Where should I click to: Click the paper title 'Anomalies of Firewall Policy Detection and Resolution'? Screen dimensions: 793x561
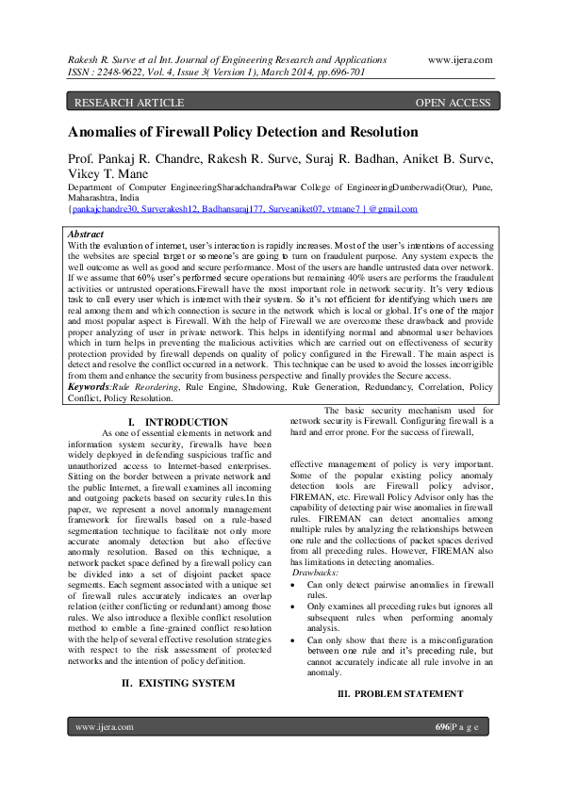(x=242, y=132)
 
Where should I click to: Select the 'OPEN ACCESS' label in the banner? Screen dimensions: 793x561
(x=454, y=102)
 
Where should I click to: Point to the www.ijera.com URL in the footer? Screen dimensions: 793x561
(x=104, y=753)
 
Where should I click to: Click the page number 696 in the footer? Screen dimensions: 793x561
(x=442, y=753)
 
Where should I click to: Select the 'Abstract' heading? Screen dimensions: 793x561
(x=87, y=234)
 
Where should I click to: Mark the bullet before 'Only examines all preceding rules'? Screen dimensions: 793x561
(x=296, y=607)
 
